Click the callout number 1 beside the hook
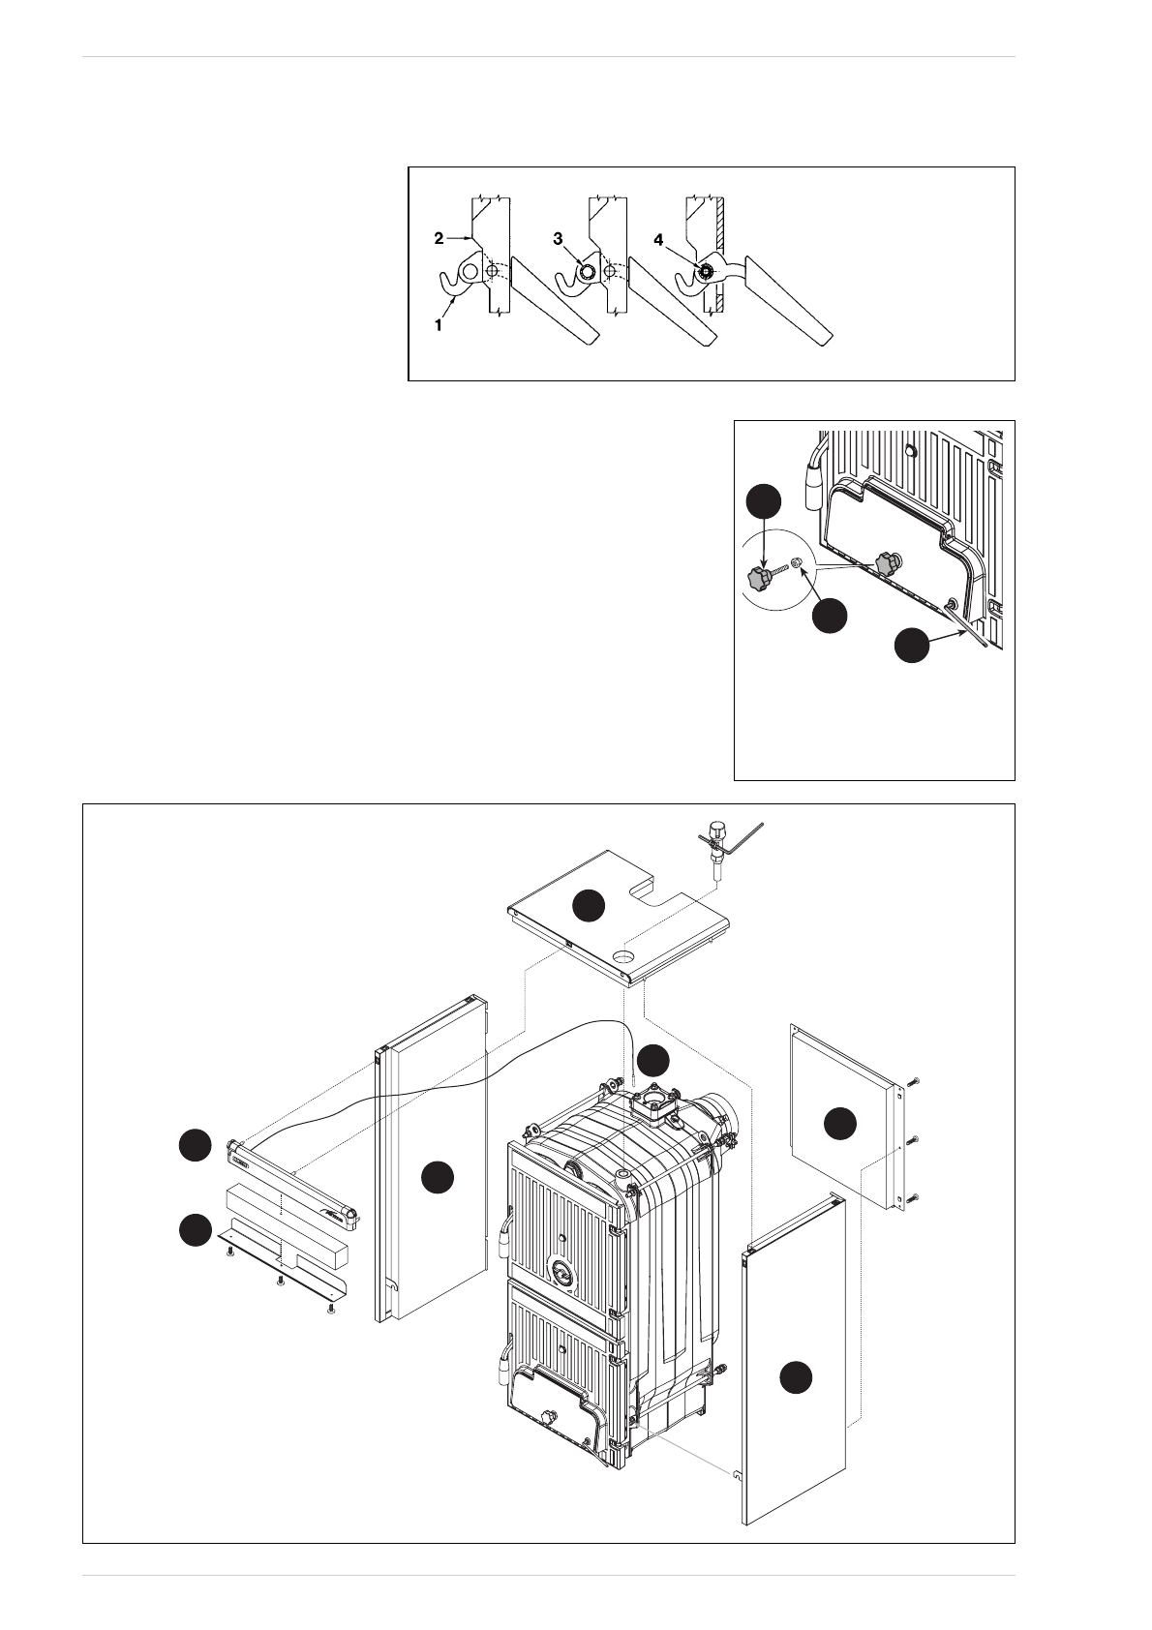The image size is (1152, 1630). pyautogui.click(x=439, y=326)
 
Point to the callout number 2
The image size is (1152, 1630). pyautogui.click(x=439, y=238)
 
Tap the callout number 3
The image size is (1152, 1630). pyautogui.click(x=558, y=239)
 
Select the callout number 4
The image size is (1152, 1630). pyautogui.click(x=658, y=239)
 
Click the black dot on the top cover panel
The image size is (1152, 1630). pyautogui.click(x=589, y=906)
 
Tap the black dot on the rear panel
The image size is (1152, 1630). pyautogui.click(x=840, y=1124)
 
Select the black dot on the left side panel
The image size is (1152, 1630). pyautogui.click(x=439, y=1177)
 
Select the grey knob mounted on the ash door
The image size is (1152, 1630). pyautogui.click(x=887, y=563)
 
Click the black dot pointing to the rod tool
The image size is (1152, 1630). pyautogui.click(x=912, y=646)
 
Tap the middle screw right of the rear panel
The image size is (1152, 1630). pyautogui.click(x=915, y=1137)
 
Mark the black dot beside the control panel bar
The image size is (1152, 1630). pyautogui.click(x=195, y=1145)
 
